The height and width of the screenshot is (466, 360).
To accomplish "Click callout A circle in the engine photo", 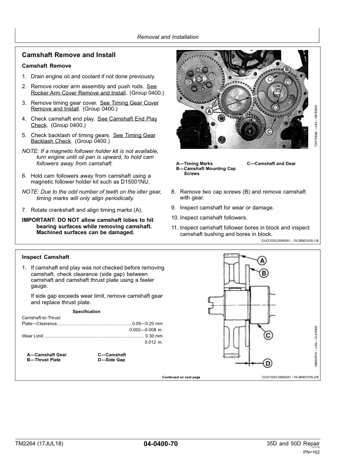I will [x=209, y=110].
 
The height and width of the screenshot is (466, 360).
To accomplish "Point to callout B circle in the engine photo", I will [x=286, y=70].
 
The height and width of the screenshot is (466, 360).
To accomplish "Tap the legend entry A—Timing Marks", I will [x=195, y=164].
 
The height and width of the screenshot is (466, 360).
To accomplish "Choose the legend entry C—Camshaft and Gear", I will [x=271, y=164].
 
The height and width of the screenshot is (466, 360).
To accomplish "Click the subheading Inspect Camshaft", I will [x=45, y=257].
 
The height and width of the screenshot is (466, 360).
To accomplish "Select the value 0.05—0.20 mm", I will [x=148, y=324].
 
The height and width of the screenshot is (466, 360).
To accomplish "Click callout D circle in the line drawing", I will [x=266, y=362].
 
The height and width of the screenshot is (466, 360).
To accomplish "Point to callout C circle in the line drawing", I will [x=268, y=335].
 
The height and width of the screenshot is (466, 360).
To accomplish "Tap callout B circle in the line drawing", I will [x=264, y=273].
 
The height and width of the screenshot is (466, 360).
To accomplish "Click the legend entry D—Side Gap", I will [x=111, y=360].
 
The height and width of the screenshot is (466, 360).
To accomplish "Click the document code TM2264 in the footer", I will [x=31, y=443].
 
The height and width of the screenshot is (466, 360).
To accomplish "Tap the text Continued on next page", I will [x=181, y=377].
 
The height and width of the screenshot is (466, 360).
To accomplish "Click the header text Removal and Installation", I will [x=168, y=37].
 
